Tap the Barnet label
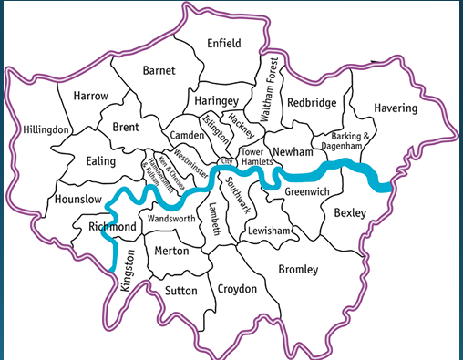(159, 70)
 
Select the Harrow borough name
(89, 96)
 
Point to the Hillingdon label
(46, 129)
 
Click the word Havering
(396, 108)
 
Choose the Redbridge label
(312, 103)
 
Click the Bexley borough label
(349, 213)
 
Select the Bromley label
(298, 270)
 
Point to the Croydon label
(238, 289)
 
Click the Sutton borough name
(180, 292)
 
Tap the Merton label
(171, 251)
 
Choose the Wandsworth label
(171, 221)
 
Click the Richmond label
(113, 226)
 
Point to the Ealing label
(100, 161)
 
